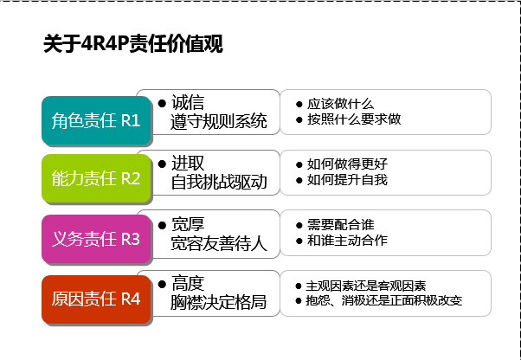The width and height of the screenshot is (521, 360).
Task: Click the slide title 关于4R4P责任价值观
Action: pos(132,44)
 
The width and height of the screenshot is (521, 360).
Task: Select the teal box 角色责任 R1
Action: pos(95,120)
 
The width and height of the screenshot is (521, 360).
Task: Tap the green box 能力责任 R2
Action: pos(95,179)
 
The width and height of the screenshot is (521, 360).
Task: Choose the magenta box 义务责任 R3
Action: pos(95,238)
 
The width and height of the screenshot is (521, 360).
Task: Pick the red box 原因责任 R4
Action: pos(95,299)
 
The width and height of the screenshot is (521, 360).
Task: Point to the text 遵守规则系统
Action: pos(219,120)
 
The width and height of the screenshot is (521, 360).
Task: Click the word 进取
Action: pos(188,163)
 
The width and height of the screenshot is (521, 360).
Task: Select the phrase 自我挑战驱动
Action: pos(219,181)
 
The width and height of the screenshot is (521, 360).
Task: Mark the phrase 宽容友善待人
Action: pos(219,243)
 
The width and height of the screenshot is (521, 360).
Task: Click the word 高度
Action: pos(188,283)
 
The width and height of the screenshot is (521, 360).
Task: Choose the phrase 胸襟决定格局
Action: pos(219,302)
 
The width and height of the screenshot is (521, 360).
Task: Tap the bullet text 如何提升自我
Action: pos(349,179)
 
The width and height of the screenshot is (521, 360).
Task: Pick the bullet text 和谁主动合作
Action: pos(349,240)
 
